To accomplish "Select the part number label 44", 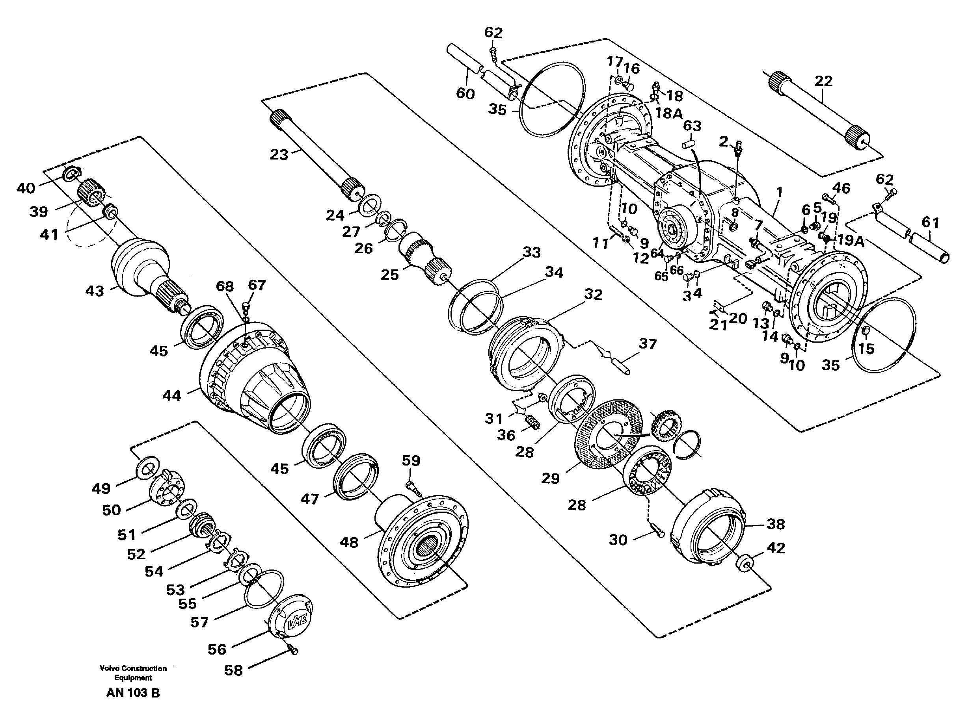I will point(172,395).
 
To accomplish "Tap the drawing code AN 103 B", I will point(133,693).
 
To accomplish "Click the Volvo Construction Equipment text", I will point(133,673).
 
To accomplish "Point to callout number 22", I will point(823,81).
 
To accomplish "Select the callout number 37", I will point(648,344).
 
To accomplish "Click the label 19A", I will point(851,241).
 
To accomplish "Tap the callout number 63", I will point(692,126).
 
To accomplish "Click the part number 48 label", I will point(349,542).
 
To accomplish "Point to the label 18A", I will point(668,113).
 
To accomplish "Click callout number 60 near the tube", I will point(465,93).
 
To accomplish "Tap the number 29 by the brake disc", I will point(550,478).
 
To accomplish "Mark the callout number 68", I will point(225,286).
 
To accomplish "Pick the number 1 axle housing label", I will point(779,191).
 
